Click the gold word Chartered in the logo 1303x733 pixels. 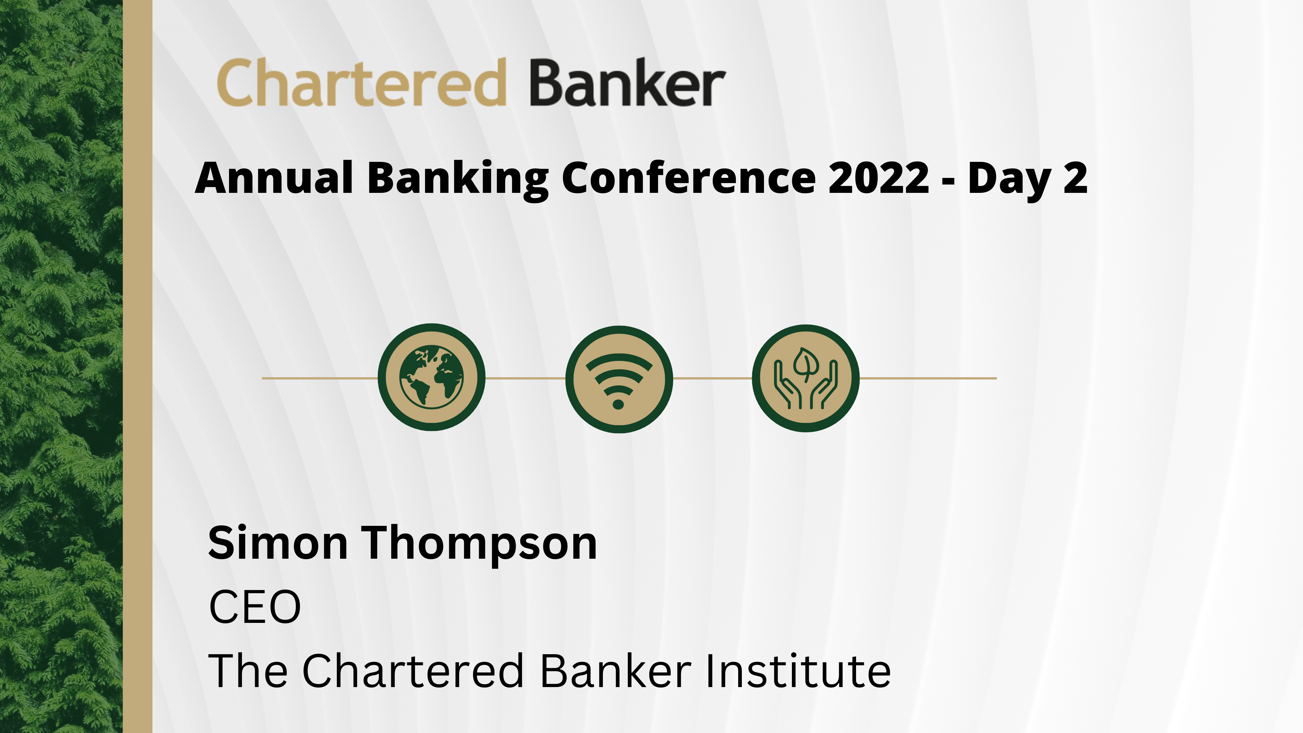pos(362,82)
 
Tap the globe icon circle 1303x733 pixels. pos(432,377)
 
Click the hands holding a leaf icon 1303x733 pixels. pos(806,378)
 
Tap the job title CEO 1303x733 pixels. pos(255,607)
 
